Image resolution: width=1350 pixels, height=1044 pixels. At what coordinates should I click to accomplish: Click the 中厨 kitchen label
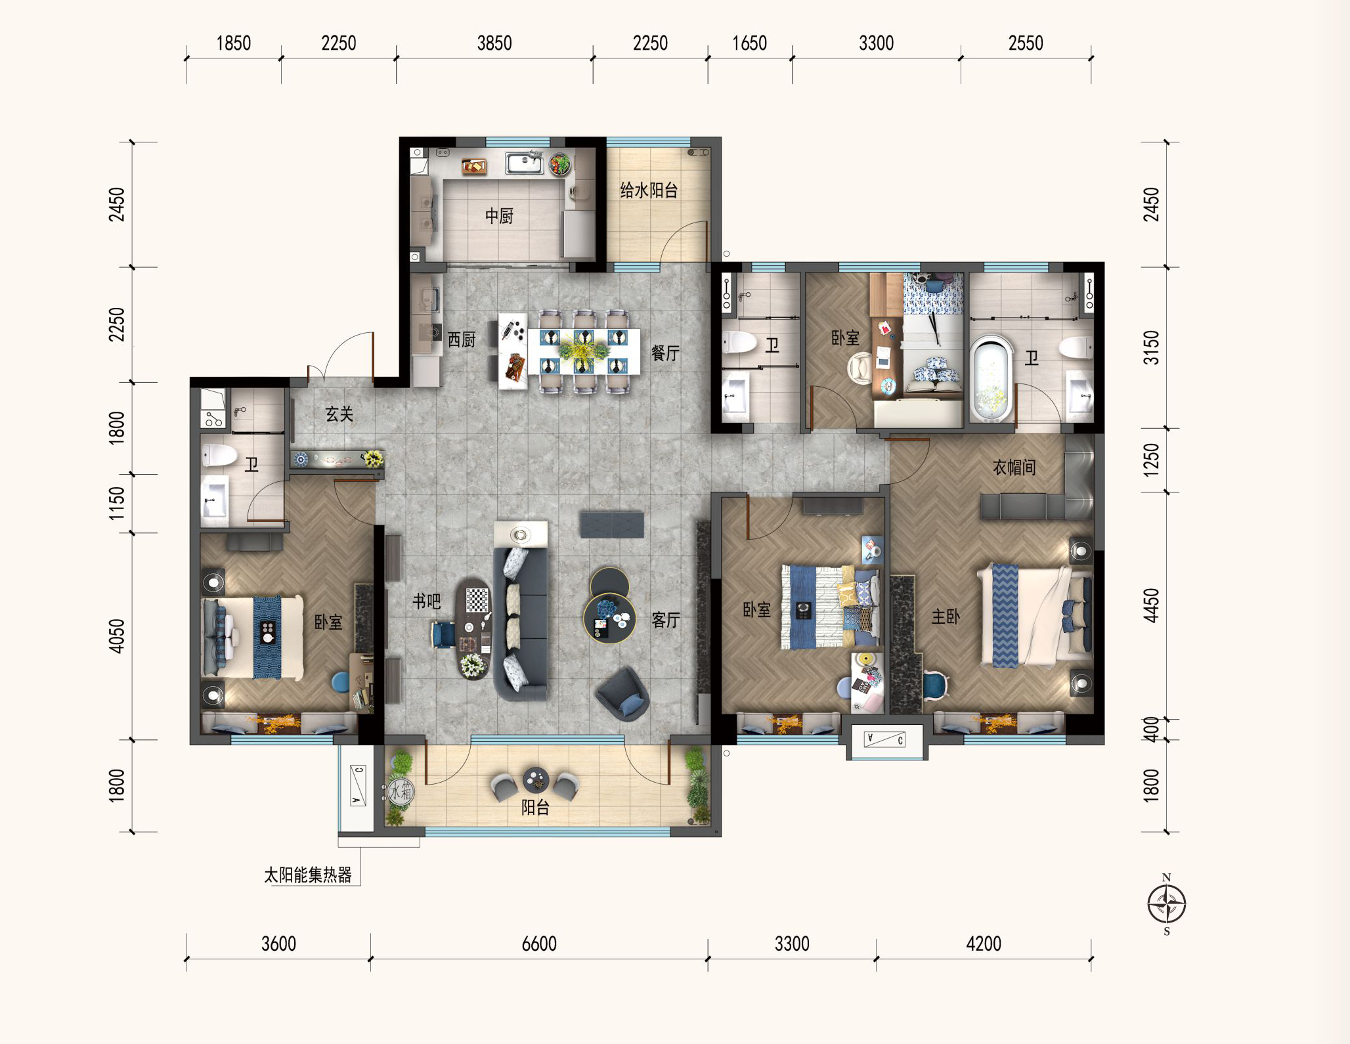(x=499, y=216)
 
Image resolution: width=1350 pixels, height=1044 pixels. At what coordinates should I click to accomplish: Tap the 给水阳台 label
(x=649, y=190)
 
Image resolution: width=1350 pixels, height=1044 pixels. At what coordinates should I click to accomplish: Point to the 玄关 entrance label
(x=339, y=414)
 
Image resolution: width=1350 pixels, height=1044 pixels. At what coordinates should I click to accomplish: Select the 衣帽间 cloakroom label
(x=1014, y=468)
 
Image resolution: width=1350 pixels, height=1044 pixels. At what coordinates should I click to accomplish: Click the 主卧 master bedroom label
(x=946, y=617)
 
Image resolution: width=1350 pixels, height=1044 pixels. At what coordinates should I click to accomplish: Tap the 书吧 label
(x=426, y=601)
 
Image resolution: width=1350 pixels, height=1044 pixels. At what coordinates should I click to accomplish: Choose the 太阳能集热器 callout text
(x=308, y=875)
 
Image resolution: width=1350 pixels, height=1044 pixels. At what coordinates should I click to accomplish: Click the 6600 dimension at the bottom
(x=539, y=944)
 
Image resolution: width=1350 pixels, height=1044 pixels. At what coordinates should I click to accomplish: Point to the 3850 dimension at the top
(x=494, y=43)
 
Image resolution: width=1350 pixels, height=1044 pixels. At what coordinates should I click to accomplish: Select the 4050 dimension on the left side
(x=116, y=636)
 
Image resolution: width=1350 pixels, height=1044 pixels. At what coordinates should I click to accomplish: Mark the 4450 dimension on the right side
(x=1151, y=605)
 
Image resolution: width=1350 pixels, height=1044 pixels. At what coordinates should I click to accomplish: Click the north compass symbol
(x=1167, y=904)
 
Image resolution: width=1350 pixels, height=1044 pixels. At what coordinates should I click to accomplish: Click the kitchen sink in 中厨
(x=525, y=162)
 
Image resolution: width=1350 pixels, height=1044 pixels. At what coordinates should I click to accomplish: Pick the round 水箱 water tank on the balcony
(x=400, y=791)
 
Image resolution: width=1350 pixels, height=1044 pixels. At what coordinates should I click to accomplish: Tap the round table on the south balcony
(x=536, y=780)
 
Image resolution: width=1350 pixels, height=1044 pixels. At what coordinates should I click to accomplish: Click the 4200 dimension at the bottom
(x=984, y=944)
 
